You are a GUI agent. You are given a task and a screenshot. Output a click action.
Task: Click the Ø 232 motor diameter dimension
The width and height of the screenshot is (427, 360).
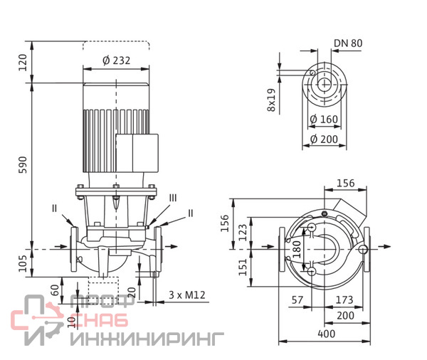point(116,60)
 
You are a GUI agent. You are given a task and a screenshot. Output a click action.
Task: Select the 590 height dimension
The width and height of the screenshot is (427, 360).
point(23,165)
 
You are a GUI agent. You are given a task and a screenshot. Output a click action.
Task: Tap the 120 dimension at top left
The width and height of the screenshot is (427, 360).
point(23,63)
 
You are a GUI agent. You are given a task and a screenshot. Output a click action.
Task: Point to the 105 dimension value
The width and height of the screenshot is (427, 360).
point(23,263)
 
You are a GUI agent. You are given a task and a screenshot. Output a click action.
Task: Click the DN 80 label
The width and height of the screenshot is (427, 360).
point(348,43)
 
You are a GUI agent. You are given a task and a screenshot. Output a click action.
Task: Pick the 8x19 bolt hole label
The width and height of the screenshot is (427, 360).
point(272,100)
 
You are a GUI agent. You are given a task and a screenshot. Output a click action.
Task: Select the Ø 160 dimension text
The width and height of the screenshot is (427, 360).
point(324,119)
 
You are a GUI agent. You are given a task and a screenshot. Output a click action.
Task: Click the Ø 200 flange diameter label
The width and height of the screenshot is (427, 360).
point(324,139)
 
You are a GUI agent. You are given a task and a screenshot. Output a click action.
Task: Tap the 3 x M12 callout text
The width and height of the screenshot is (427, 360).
point(186,295)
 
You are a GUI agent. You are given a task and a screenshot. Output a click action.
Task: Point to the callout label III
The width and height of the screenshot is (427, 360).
point(173,198)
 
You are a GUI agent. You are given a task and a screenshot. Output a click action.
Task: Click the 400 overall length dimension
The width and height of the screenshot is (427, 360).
point(326,334)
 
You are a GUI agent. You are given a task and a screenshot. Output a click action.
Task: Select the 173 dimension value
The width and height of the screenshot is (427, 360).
point(344,300)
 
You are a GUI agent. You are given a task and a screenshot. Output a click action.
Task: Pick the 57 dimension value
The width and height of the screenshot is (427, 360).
point(297,300)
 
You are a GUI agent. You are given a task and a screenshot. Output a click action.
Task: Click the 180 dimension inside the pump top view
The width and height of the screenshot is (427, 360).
point(297,249)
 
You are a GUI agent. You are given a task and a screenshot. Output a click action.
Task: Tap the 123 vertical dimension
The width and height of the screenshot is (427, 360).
point(243,232)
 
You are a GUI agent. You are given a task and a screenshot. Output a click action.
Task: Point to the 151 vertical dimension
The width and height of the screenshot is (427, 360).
point(243,267)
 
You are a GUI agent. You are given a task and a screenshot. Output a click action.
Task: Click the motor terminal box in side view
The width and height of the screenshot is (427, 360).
point(137,153)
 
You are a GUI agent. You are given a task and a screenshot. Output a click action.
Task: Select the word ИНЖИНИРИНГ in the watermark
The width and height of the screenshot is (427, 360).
point(147,339)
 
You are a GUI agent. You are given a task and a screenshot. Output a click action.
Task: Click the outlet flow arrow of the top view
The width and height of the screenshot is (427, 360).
point(384,246)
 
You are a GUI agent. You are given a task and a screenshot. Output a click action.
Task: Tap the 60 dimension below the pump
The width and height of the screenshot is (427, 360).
point(56,290)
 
